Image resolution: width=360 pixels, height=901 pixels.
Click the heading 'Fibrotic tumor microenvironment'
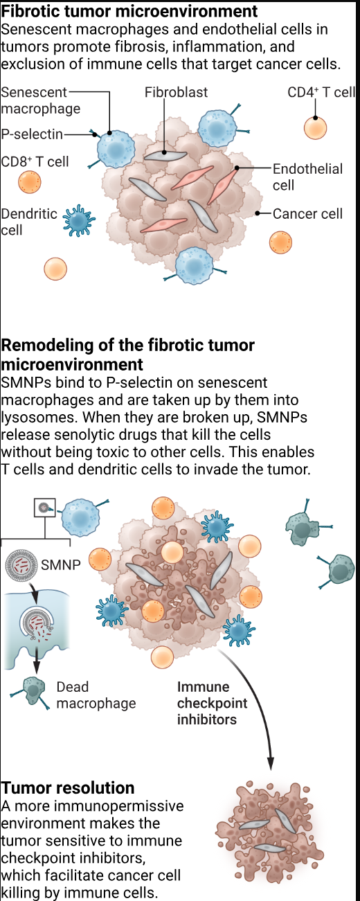pyautogui.click(x=129, y=10)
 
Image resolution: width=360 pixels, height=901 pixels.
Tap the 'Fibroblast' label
pyautogui.click(x=176, y=93)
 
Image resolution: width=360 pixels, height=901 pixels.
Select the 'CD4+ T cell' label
pyautogui.click(x=321, y=93)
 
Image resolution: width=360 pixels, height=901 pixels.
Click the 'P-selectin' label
pyautogui.click(x=32, y=134)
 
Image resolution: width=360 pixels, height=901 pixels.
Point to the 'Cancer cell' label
pyautogui.click(x=307, y=213)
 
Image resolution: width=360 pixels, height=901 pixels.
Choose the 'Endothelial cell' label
pyautogui.click(x=307, y=177)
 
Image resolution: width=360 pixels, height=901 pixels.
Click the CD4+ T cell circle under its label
pyautogui.click(x=316, y=128)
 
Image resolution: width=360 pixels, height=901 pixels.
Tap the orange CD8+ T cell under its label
pyautogui.click(x=29, y=182)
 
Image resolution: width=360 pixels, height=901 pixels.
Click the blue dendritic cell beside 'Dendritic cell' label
pyautogui.click(x=79, y=220)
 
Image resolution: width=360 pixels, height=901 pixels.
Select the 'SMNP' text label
pyautogui.click(x=61, y=564)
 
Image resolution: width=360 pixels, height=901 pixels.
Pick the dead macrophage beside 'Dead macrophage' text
pyautogui.click(x=31, y=691)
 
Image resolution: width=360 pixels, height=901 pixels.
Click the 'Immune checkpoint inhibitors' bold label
pyautogui.click(x=213, y=703)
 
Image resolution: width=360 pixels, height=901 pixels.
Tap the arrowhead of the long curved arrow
pyautogui.click(x=271, y=764)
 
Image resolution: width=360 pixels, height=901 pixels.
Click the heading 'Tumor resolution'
pyautogui.click(x=68, y=787)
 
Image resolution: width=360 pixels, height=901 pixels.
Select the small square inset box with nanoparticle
pyautogui.click(x=44, y=508)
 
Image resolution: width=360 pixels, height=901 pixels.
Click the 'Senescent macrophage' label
pyautogui.click(x=41, y=100)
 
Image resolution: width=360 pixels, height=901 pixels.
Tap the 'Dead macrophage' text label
pyautogui.click(x=96, y=695)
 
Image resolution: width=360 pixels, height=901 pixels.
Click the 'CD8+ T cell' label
pyautogui.click(x=35, y=161)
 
